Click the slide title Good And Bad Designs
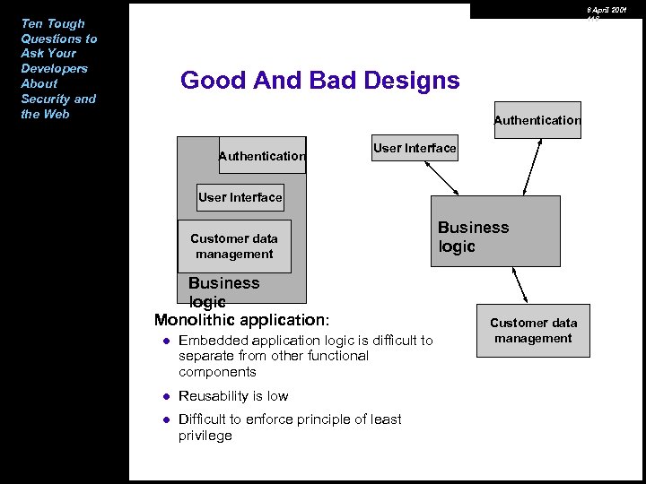[319, 81]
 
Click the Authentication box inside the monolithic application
[262, 155]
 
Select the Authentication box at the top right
[537, 120]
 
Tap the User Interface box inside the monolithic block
[240, 197]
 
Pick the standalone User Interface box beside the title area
[415, 148]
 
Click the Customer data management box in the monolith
[234, 246]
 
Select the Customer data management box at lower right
[533, 331]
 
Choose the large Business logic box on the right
[495, 231]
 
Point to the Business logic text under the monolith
[223, 291]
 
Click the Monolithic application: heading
[242, 320]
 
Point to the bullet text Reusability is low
[233, 396]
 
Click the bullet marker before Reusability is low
[166, 396]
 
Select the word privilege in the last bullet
[205, 436]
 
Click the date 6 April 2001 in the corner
[607, 9]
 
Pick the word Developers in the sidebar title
[55, 68]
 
